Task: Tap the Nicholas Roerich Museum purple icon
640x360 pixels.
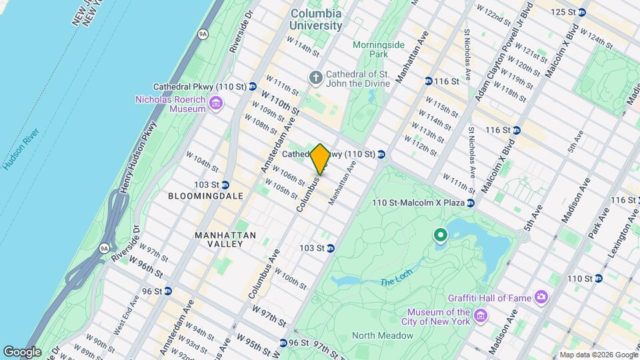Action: (215, 103)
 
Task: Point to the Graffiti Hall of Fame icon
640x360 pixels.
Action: (541, 295)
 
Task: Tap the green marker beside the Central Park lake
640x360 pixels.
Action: (440, 235)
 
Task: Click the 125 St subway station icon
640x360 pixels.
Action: (581, 12)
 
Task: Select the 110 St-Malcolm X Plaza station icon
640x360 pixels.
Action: (470, 203)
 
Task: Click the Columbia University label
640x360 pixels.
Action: (316, 19)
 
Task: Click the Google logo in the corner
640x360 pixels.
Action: (23, 351)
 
